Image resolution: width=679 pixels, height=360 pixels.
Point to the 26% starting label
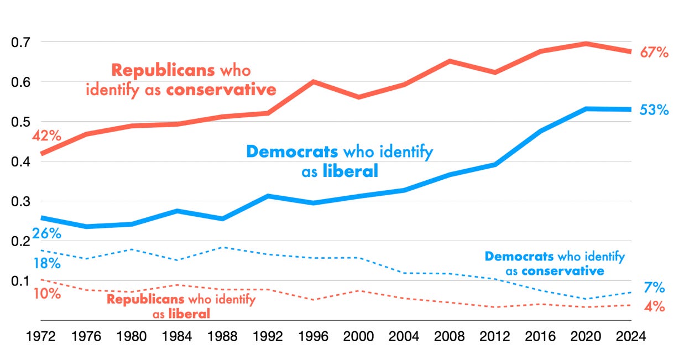click(46, 233)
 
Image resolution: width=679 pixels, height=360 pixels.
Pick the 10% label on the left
click(46, 293)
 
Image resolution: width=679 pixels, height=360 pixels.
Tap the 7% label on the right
click(654, 288)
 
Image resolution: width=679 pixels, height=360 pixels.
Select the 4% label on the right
click(654, 306)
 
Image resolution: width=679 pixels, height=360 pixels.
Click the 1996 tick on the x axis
click(314, 336)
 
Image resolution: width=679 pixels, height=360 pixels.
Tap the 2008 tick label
click(450, 336)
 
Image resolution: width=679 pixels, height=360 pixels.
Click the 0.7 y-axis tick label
click(20, 42)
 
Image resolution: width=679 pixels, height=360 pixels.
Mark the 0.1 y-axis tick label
click(20, 281)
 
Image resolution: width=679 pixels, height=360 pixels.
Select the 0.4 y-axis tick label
click(20, 161)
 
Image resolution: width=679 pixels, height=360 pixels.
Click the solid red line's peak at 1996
click(314, 82)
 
